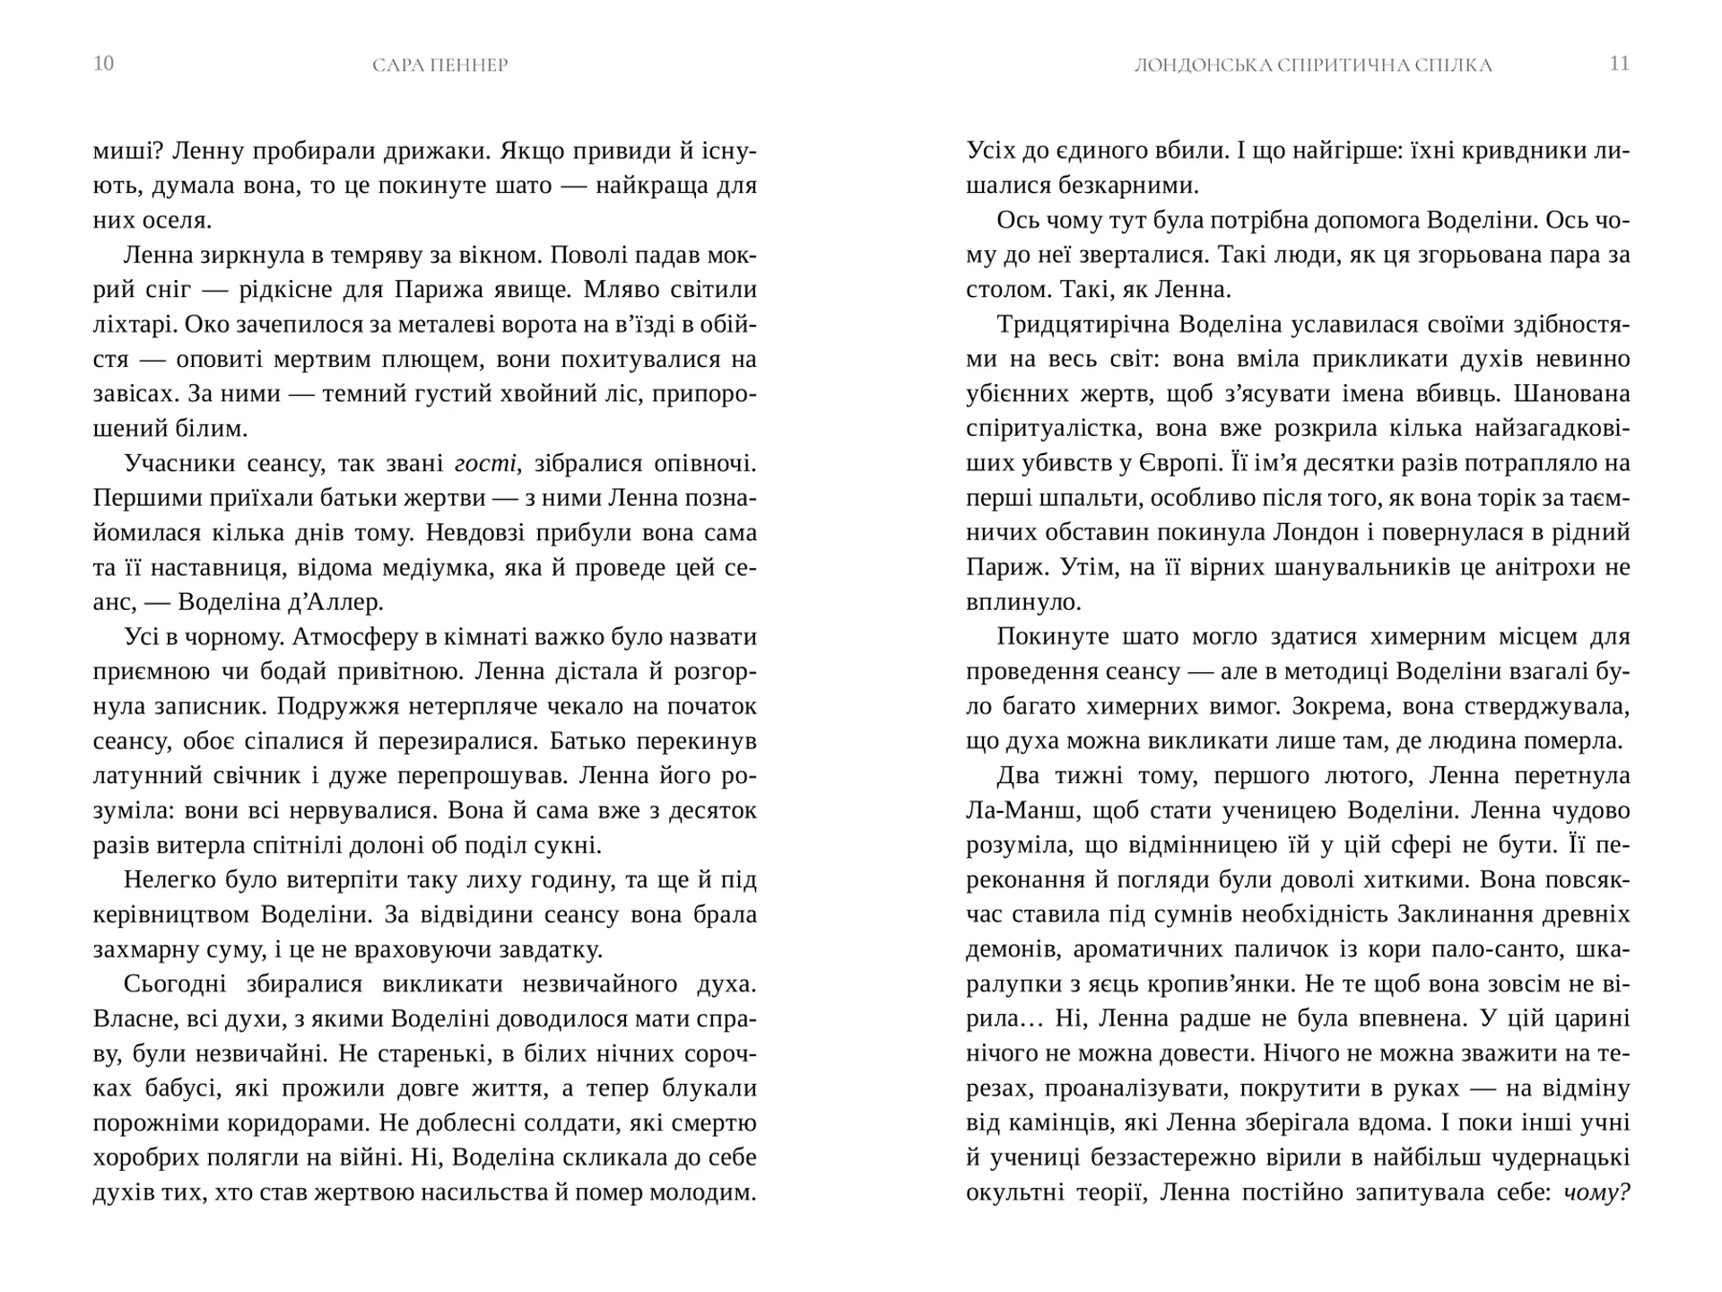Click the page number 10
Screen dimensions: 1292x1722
103,64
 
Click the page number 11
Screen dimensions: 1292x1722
1620,64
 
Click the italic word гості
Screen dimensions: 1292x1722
485,464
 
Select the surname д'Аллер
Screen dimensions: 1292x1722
336,603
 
